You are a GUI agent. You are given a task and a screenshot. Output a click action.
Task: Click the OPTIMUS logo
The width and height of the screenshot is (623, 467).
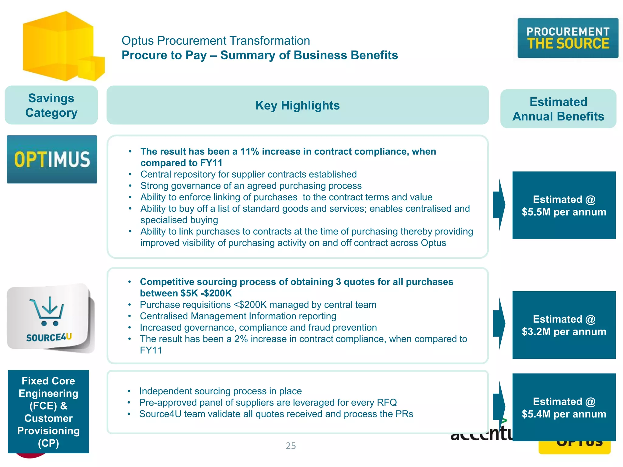click(x=52, y=159)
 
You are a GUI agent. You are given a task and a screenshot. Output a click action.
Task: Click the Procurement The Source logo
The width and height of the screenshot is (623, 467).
click(x=568, y=38)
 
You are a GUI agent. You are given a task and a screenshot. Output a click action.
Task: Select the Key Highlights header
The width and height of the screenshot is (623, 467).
click(x=297, y=105)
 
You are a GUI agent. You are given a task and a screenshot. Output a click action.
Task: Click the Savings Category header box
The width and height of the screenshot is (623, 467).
click(x=51, y=105)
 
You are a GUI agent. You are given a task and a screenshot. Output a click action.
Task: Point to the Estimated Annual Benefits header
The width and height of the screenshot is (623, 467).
click(x=558, y=109)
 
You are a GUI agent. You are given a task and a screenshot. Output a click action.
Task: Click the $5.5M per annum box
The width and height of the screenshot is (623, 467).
click(x=564, y=205)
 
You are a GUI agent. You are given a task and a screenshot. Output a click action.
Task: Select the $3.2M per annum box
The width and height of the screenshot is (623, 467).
click(x=564, y=325)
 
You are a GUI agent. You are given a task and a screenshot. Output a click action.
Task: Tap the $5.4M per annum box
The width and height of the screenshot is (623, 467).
click(x=564, y=407)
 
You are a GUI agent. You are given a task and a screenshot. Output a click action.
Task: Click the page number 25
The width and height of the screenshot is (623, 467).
click(x=291, y=445)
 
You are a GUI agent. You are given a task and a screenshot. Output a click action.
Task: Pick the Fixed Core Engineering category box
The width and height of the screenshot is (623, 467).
click(x=48, y=411)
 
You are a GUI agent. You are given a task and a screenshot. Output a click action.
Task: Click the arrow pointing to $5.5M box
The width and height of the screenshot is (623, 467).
click(x=499, y=205)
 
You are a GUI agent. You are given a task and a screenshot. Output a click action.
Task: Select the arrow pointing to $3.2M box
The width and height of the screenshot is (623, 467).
click(x=499, y=323)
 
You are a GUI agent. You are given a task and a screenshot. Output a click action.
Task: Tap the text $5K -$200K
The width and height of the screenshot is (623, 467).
click(x=206, y=293)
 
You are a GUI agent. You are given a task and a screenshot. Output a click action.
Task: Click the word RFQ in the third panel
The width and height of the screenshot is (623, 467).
click(x=387, y=403)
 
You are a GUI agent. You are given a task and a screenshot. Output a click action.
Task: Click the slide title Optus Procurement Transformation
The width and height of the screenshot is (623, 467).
click(x=216, y=41)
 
